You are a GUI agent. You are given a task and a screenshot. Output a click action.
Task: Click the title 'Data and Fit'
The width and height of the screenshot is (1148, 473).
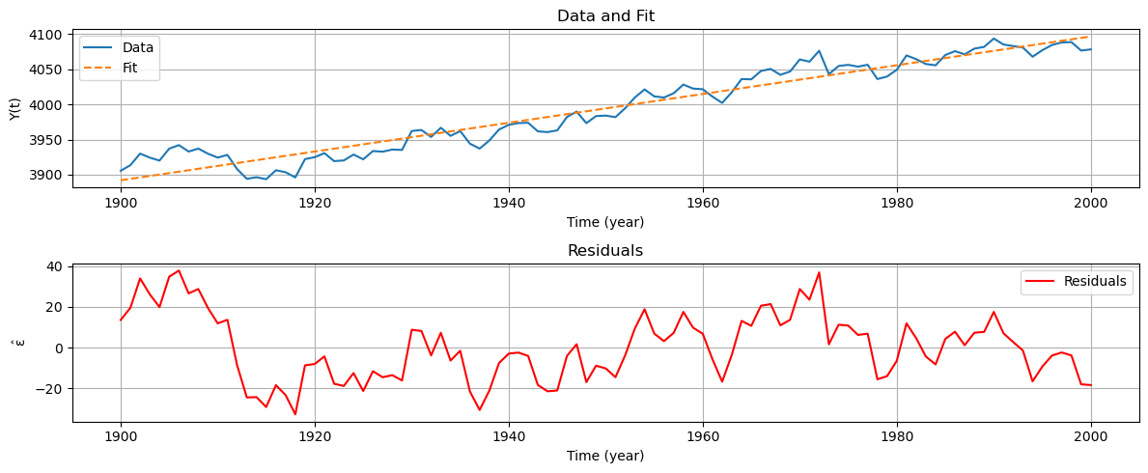[x=605, y=15]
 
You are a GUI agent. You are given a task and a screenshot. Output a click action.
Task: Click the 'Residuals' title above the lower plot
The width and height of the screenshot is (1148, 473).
[x=605, y=251]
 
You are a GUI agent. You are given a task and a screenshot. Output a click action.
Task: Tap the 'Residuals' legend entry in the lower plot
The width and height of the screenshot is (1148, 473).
[x=1095, y=281]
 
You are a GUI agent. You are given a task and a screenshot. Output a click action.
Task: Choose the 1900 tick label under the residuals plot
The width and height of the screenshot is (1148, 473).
[x=121, y=436]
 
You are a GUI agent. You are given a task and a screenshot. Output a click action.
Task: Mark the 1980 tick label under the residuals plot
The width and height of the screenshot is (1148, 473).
[x=897, y=436]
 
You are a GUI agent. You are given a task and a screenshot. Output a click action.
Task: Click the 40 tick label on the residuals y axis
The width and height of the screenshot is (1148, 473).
[x=56, y=266]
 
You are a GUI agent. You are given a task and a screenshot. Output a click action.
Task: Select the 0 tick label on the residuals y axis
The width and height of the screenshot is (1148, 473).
[x=60, y=348]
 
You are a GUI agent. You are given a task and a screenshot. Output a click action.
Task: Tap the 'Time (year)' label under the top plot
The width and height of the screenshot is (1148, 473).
[x=605, y=222]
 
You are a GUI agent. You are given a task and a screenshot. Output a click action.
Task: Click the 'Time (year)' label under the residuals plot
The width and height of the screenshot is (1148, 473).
[x=605, y=456]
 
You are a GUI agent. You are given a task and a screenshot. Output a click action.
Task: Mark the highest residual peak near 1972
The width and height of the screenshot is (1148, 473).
[x=819, y=272]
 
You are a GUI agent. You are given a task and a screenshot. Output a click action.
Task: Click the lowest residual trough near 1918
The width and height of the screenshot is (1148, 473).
[x=295, y=414]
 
